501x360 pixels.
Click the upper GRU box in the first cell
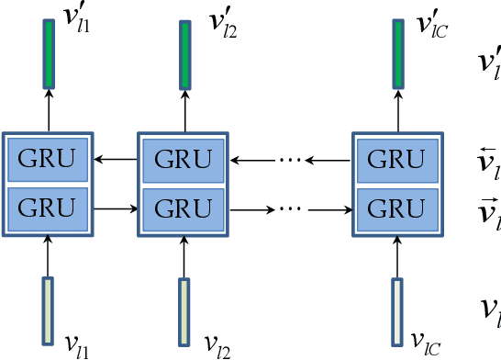pos(49,160)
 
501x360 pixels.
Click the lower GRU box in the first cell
pos(49,208)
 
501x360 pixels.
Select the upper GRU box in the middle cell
pos(183,160)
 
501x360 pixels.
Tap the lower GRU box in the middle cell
pos(183,208)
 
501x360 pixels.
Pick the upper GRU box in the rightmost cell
pos(397,160)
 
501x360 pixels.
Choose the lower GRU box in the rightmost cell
pos(397,208)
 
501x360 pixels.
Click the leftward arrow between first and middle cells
pos(116,161)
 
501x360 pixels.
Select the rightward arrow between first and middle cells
pos(116,208)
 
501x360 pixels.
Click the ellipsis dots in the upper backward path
pos(290,161)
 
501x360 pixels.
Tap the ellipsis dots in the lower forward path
pos(290,208)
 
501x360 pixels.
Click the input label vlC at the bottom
pos(429,343)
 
